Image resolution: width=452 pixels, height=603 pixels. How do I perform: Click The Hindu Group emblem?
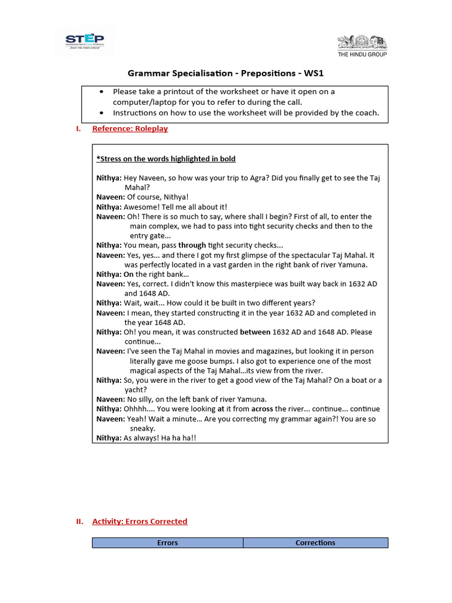(x=362, y=43)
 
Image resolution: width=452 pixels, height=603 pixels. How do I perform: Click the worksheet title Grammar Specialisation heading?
(x=226, y=74)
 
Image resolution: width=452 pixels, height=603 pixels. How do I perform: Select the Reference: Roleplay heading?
(x=130, y=128)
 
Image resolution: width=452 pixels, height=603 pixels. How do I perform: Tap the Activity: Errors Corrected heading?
(x=139, y=521)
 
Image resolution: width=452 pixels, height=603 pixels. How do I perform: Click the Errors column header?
(x=168, y=542)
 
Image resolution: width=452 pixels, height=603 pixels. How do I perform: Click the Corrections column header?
(x=315, y=542)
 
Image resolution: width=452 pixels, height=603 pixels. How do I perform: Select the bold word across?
(x=262, y=409)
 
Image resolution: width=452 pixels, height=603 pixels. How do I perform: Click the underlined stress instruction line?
(x=166, y=159)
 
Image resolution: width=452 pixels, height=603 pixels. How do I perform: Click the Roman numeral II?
(x=79, y=521)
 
